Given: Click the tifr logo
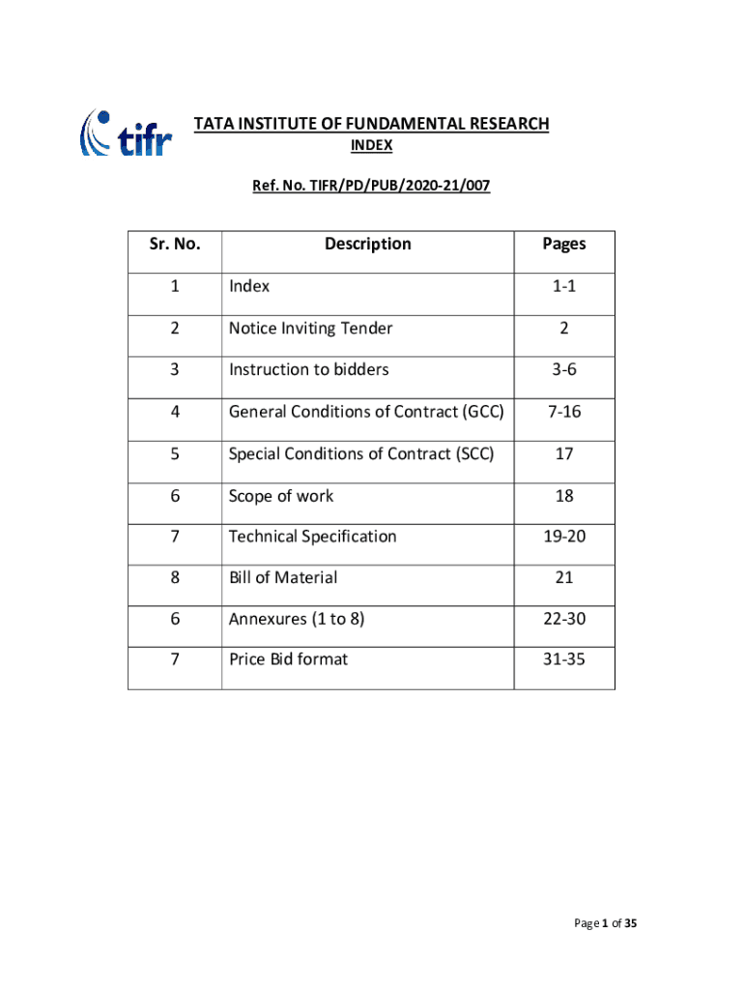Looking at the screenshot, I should coord(126,133).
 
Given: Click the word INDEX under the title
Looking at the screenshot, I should coord(371,146).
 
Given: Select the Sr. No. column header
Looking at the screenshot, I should coord(175,244).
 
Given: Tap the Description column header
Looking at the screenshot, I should coord(367,244).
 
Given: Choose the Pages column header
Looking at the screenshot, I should coord(564,244).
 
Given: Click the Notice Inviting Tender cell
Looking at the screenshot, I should coord(310,328).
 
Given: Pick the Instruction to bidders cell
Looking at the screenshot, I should coord(308,369).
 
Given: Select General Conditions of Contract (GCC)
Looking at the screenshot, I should coord(366,411).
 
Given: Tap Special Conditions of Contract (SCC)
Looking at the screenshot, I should coord(361,452).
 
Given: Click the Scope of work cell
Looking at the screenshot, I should coord(281,495).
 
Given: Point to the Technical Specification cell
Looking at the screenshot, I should coord(312,536).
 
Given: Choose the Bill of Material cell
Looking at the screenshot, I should coord(283,577).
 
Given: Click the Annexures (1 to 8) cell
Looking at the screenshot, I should coord(297,618).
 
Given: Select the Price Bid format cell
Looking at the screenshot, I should coord(288,659).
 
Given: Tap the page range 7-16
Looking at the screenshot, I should coord(564,411).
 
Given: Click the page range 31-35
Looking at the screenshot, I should coord(564,659).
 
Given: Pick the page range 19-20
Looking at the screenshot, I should coord(564,536).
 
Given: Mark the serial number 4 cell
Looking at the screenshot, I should coord(174,411).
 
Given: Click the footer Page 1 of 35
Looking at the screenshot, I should coord(606,924).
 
